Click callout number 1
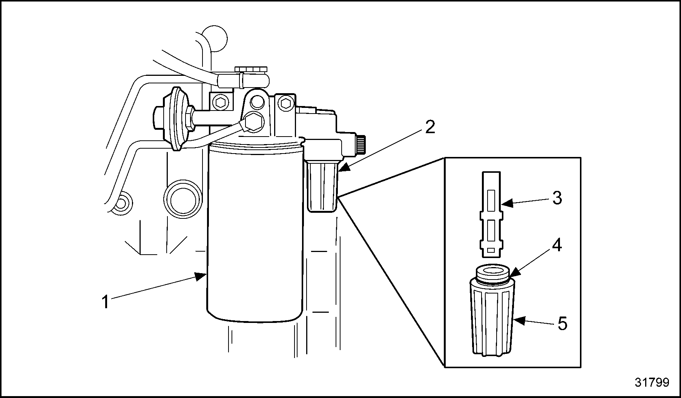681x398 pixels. (106, 303)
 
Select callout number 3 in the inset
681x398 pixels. (557, 198)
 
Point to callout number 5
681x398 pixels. (562, 324)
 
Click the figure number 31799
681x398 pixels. (652, 382)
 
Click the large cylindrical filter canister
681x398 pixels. (255, 234)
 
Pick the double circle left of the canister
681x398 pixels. (183, 199)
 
